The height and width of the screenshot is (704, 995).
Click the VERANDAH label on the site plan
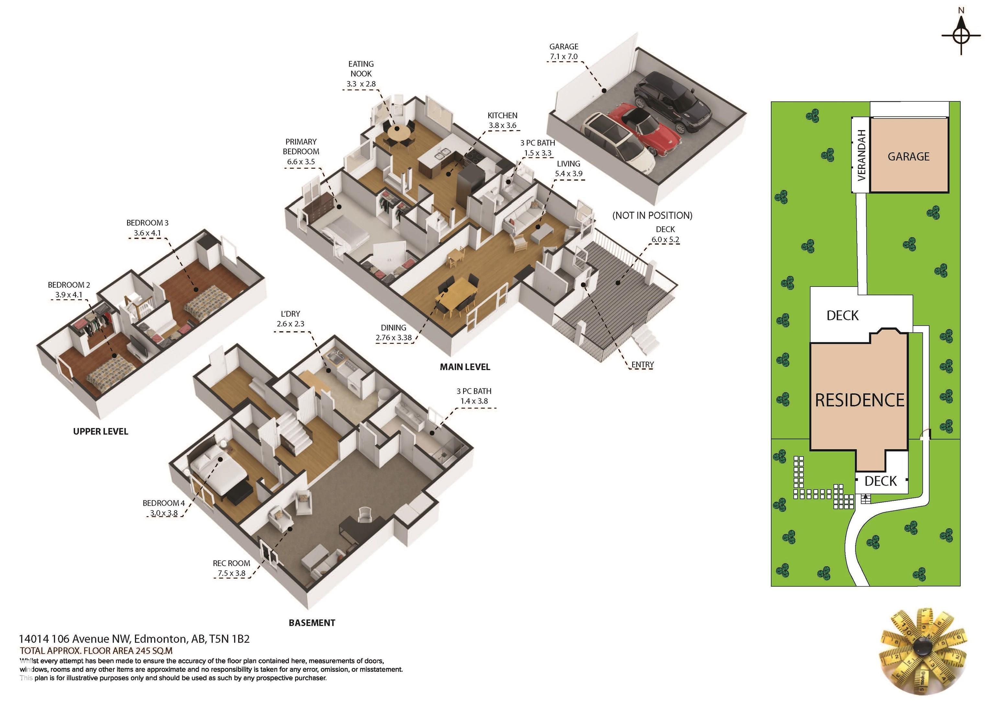click(862, 155)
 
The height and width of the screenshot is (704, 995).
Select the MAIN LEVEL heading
click(465, 367)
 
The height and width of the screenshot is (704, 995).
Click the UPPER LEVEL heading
click(100, 432)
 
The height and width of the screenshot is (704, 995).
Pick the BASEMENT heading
click(312, 623)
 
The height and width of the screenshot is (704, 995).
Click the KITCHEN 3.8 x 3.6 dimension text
click(503, 126)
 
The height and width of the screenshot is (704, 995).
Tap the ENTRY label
click(642, 365)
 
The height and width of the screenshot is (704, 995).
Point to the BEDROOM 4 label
click(164, 503)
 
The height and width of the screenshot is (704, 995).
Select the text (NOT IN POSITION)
click(652, 216)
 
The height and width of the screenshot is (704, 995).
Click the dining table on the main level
click(458, 292)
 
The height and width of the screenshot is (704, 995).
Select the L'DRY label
click(290, 314)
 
